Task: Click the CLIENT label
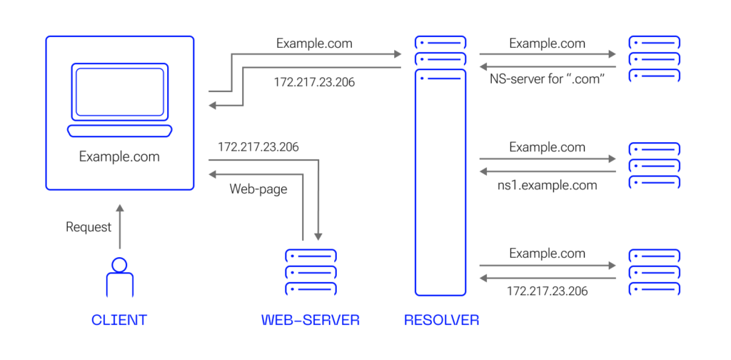pyautogui.click(x=119, y=320)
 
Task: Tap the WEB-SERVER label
pyautogui.click(x=311, y=320)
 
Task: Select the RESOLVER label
pyautogui.click(x=441, y=320)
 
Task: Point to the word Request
pyautogui.click(x=89, y=227)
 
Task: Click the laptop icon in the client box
pyautogui.click(x=119, y=99)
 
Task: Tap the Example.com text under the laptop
pyautogui.click(x=119, y=156)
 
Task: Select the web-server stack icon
pyautogui.click(x=311, y=271)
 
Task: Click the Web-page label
pyautogui.click(x=258, y=189)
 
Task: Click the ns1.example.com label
pyautogui.click(x=547, y=185)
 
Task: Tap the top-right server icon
pyautogui.click(x=654, y=58)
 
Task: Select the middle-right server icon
pyautogui.click(x=654, y=165)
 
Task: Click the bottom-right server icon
pyautogui.click(x=654, y=271)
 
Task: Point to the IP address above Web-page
pyautogui.click(x=258, y=146)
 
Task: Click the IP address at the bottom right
pyautogui.click(x=547, y=291)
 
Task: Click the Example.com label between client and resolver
pyautogui.click(x=314, y=44)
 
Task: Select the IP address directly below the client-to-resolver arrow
pyautogui.click(x=314, y=82)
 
